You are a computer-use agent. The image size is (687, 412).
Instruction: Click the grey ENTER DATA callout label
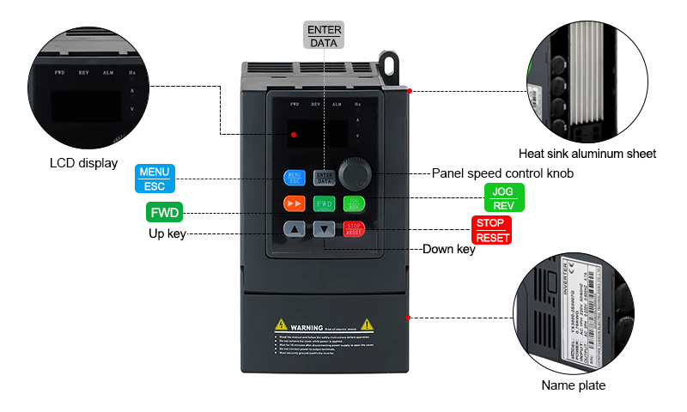(325, 36)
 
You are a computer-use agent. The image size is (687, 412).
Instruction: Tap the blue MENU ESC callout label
(155, 179)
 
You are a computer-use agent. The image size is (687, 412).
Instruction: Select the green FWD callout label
(165, 212)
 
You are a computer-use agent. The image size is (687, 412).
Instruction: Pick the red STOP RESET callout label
(492, 230)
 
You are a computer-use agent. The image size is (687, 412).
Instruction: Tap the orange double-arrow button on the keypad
(295, 203)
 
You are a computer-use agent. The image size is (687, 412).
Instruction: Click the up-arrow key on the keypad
(295, 229)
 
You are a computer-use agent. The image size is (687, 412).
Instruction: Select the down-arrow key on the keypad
(324, 229)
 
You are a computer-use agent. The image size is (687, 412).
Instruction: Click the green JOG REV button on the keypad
(353, 203)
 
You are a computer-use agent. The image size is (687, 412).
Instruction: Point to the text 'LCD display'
(83, 164)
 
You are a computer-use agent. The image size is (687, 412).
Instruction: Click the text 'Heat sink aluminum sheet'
(593, 154)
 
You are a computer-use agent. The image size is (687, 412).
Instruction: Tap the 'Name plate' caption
(573, 385)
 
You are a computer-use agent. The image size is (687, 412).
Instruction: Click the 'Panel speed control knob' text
(502, 173)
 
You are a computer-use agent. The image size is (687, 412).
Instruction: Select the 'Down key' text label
(448, 250)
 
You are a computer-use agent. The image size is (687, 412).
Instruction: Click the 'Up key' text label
(167, 233)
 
